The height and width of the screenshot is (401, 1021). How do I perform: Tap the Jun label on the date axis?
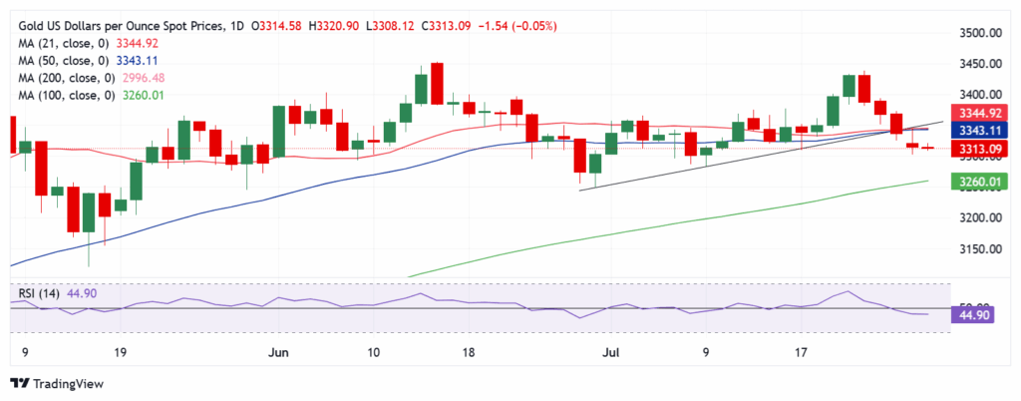click(279, 352)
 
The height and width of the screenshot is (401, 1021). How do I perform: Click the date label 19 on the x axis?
click(120, 352)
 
